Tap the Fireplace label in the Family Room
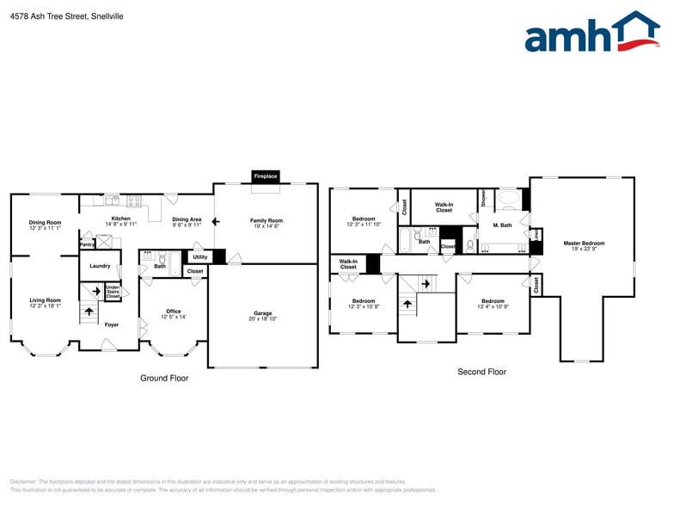click(265, 176)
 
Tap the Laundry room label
click(100, 266)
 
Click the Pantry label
click(87, 244)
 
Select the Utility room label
click(199, 256)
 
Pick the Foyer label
click(112, 324)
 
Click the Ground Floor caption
click(164, 378)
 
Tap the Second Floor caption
click(481, 372)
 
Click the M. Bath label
click(502, 225)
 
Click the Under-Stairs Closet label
click(113, 291)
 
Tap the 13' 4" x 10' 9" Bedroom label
click(493, 304)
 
